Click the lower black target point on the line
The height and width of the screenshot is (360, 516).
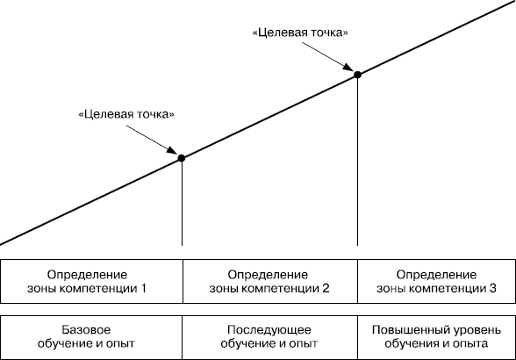coord(182,158)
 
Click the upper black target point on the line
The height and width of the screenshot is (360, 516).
coord(357,75)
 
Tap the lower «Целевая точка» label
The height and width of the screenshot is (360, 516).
coord(126,114)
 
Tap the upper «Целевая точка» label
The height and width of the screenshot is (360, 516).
coord(300,32)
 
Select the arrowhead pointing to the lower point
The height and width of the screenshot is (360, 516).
coord(172,150)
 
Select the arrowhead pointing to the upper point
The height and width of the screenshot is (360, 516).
coord(348,67)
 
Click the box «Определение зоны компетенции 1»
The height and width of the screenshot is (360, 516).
coord(91,281)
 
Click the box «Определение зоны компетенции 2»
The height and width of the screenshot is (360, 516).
coord(270,281)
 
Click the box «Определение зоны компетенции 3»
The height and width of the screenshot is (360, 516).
coord(436,281)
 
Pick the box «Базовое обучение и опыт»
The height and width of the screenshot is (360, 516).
coord(91,337)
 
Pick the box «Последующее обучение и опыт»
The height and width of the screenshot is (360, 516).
coord(270,337)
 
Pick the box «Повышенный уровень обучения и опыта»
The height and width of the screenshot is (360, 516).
coord(436,337)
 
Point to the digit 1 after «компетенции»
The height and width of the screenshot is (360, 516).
coord(143,289)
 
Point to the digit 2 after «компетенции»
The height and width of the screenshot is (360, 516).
coord(326,289)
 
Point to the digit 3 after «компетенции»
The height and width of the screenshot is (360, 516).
coord(492,289)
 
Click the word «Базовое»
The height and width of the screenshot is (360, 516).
coord(86,329)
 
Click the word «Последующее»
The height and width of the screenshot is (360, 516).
coord(269,330)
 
